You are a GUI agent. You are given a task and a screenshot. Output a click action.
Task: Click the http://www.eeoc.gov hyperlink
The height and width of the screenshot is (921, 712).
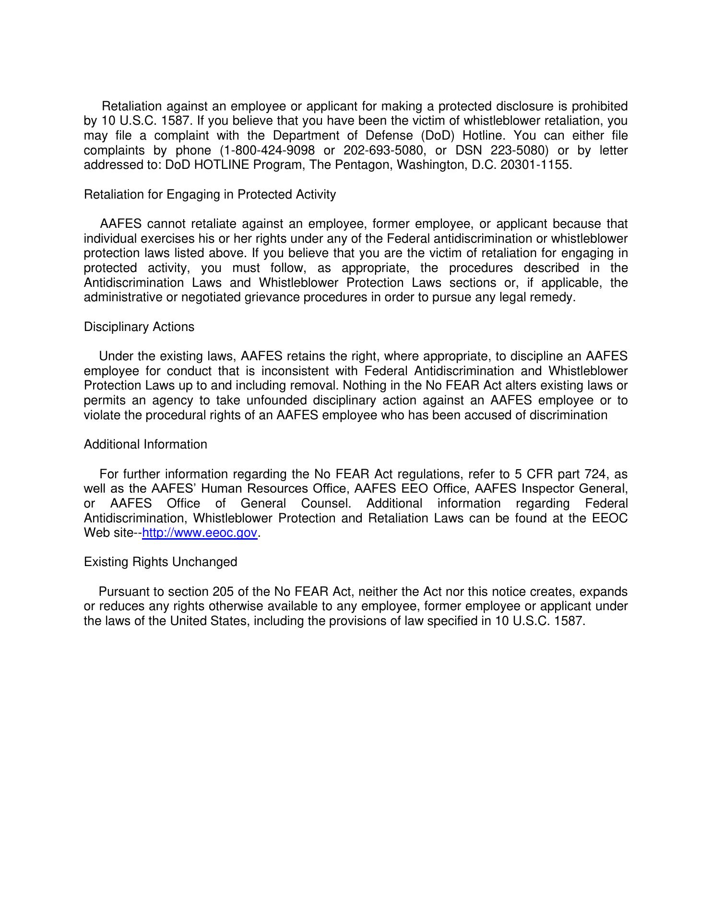[200, 533]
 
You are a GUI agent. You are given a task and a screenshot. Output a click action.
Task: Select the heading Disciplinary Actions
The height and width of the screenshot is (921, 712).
[139, 327]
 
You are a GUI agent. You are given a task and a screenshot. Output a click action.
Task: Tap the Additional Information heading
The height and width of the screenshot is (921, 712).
[145, 445]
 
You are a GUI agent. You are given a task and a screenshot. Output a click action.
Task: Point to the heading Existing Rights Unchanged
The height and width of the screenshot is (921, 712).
[160, 562]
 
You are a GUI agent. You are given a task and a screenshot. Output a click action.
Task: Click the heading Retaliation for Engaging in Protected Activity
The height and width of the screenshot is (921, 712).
[210, 195]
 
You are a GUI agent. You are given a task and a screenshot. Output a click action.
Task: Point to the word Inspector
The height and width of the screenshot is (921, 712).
[550, 489]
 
